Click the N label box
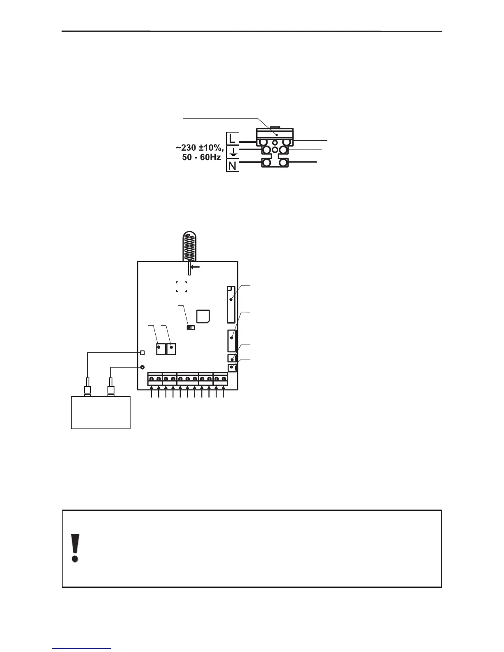point(232,166)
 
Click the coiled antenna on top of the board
point(189,246)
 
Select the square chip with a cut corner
point(203,316)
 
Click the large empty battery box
point(101,412)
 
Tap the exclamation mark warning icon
point(75,547)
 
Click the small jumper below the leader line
point(191,328)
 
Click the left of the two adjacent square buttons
point(161,349)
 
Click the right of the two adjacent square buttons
point(171,349)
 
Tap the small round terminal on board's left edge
point(142,367)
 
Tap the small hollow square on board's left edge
point(142,352)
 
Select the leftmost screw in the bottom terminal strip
point(152,379)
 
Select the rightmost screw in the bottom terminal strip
point(224,379)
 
